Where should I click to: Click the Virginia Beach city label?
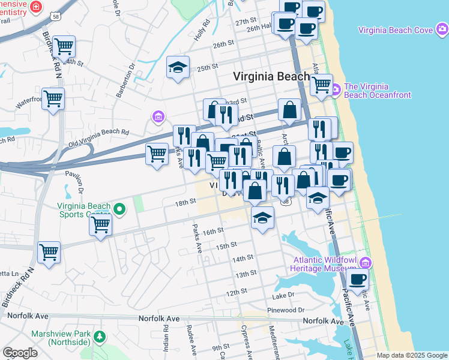click(271, 76)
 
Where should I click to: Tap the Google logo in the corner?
click(20, 353)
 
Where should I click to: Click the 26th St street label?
click(223, 44)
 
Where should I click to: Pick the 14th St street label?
click(244, 259)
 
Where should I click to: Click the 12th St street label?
click(237, 293)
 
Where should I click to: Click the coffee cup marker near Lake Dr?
click(358, 279)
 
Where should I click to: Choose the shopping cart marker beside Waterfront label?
click(53, 98)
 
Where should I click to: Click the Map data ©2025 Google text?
click(412, 355)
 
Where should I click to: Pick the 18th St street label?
click(185, 203)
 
